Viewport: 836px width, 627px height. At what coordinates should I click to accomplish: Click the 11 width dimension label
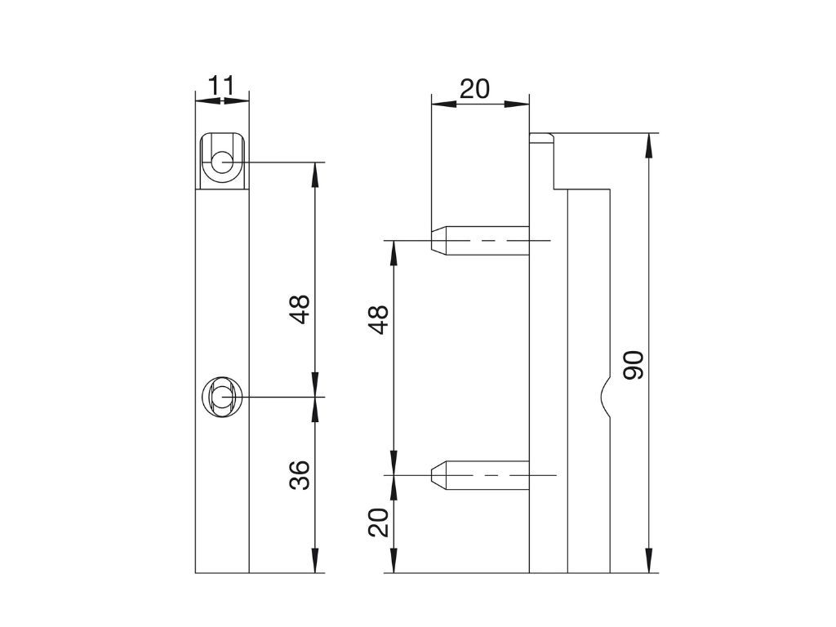point(221,85)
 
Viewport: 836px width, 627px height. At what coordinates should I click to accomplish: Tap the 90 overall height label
point(634,365)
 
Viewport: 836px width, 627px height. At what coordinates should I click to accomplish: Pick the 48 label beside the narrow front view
point(301,309)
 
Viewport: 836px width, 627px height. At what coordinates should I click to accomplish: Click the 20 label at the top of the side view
point(474,88)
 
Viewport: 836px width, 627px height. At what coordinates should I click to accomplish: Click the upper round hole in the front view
point(221,162)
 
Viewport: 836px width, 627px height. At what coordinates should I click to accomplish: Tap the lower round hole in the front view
point(220,397)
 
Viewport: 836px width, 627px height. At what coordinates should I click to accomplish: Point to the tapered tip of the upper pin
point(439,241)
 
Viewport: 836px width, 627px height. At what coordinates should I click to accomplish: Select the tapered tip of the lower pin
point(439,475)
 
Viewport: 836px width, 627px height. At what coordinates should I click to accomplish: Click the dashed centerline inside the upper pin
point(498,241)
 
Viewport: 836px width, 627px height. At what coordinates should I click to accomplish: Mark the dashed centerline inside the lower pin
point(498,475)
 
